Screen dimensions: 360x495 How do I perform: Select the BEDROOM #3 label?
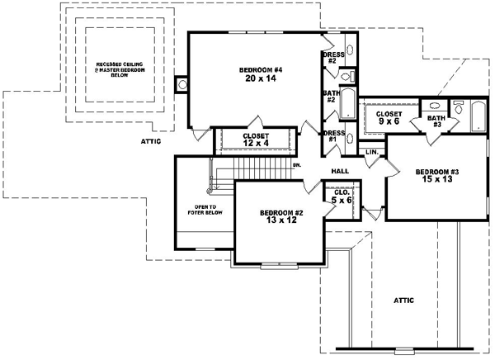point(437,171)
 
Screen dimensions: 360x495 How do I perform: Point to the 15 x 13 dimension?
point(437,180)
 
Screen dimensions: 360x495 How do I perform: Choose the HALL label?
point(340,171)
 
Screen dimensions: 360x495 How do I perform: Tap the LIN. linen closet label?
point(371,153)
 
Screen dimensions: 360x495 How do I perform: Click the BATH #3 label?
point(436,122)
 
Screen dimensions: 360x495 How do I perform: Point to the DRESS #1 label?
point(333,136)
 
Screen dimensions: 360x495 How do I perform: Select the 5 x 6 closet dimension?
point(339,201)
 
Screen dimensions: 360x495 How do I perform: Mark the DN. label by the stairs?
point(296,166)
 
